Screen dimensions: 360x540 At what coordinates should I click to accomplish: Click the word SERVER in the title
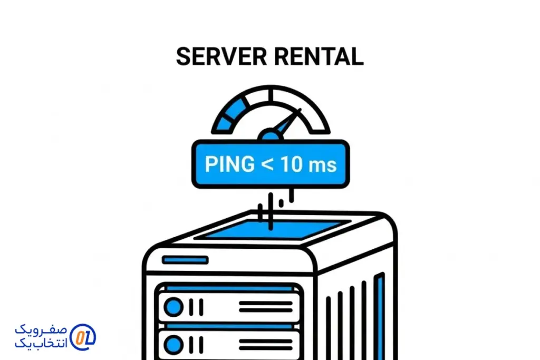pyautogui.click(x=220, y=56)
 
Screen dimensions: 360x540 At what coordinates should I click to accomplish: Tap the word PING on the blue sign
pyautogui.click(x=229, y=164)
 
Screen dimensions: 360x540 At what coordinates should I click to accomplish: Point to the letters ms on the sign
pyautogui.click(x=322, y=166)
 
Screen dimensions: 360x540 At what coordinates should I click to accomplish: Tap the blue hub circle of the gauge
pyautogui.click(x=270, y=136)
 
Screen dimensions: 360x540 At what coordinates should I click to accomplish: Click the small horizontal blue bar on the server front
pyautogui.click(x=185, y=260)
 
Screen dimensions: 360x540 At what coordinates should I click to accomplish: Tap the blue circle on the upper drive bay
pyautogui.click(x=173, y=306)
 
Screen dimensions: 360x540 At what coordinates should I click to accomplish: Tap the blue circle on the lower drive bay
pyautogui.click(x=173, y=345)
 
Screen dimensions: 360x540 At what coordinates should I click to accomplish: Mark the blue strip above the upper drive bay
pyautogui.click(x=229, y=288)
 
